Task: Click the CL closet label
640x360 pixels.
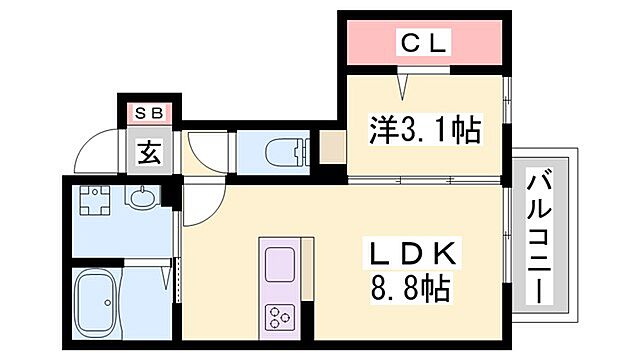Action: coord(425,43)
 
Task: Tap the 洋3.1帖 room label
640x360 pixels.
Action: coord(424,129)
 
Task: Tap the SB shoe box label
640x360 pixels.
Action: coord(148,113)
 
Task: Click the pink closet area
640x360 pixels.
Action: coord(424,43)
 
